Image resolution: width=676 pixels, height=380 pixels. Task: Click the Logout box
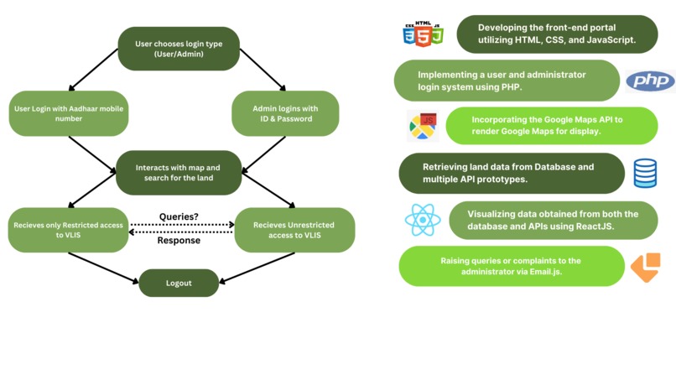(x=179, y=283)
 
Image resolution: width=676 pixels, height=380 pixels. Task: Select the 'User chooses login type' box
(x=179, y=49)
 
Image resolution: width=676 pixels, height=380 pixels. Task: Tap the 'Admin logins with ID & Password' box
(x=285, y=113)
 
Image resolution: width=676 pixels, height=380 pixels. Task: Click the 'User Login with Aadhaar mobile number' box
(x=69, y=113)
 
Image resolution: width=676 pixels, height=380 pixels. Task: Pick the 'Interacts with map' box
(x=179, y=173)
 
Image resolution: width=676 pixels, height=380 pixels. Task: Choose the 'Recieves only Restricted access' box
(x=68, y=230)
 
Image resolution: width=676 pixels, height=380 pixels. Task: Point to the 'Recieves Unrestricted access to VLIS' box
(x=294, y=230)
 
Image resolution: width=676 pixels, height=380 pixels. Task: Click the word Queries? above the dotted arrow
(x=179, y=216)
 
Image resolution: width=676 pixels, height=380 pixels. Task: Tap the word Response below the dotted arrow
(x=179, y=240)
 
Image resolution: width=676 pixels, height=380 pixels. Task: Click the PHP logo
(x=650, y=81)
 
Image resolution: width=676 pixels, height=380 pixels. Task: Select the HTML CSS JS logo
(x=423, y=34)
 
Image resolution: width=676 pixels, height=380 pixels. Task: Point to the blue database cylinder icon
(x=645, y=174)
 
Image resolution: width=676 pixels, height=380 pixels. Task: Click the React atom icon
(x=423, y=220)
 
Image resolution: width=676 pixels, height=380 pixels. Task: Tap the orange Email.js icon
(x=646, y=268)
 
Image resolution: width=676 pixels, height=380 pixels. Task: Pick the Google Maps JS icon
(x=423, y=126)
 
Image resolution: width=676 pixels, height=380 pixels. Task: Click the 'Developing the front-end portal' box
(x=557, y=34)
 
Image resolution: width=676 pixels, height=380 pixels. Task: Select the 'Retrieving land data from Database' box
(x=512, y=173)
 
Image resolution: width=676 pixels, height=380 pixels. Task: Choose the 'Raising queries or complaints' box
(x=512, y=266)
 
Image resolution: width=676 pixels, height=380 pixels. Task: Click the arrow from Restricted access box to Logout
(x=103, y=268)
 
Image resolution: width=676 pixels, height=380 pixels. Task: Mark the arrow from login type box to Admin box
(x=263, y=70)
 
